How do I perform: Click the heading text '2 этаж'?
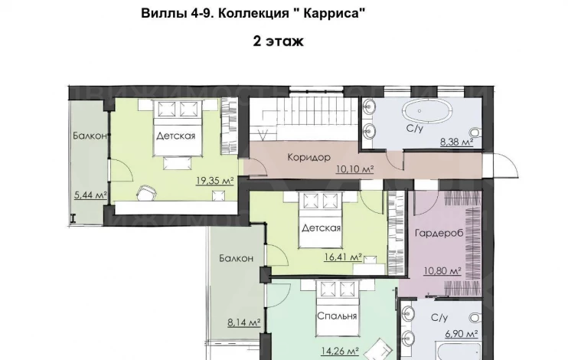click(278, 41)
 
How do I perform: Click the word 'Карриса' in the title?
click(333, 14)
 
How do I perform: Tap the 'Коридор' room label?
click(309, 157)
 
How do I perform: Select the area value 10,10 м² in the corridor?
click(354, 169)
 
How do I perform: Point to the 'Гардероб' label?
click(439, 233)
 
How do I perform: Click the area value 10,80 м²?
click(442, 270)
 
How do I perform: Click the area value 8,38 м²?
click(457, 142)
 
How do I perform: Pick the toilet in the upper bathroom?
click(476, 133)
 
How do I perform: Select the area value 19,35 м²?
click(215, 180)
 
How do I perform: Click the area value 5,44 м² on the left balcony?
click(90, 195)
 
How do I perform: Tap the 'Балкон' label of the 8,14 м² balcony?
click(236, 258)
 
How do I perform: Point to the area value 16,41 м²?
click(343, 257)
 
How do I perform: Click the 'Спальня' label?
click(337, 316)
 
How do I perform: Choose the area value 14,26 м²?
click(340, 351)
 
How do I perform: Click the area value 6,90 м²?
click(461, 333)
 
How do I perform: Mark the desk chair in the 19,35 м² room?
click(147, 192)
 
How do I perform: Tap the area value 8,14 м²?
click(244, 322)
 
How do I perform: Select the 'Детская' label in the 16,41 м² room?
click(322, 227)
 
